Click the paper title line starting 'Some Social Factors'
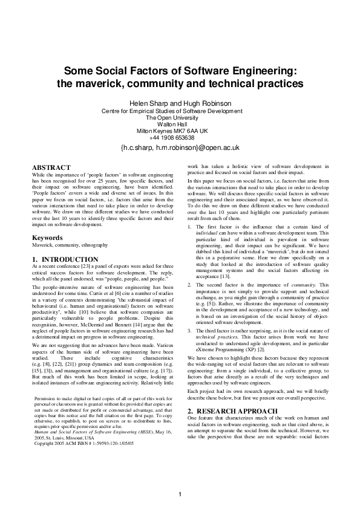(180, 70)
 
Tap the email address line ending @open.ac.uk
(180, 148)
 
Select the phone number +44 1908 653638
(180, 137)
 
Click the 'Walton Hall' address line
(180, 124)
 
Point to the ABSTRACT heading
(51, 167)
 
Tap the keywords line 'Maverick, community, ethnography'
(70, 245)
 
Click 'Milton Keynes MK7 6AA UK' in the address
(180, 131)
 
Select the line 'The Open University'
(180, 117)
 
